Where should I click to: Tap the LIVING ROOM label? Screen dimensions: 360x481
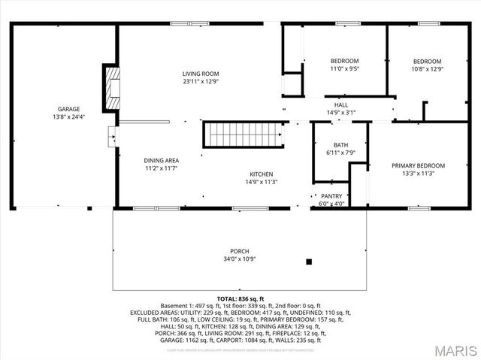199,74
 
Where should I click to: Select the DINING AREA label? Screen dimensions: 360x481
161,161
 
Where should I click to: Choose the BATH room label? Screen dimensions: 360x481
340,145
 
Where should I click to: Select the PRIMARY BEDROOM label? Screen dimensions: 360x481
418,165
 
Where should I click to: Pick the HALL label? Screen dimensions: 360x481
340,104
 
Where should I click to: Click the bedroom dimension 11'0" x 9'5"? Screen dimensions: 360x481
345,68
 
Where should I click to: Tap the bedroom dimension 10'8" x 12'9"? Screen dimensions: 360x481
427,68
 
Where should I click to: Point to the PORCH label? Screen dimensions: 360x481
240,251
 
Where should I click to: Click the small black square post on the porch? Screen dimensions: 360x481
308,262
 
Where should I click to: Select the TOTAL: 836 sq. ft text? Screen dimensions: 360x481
240,298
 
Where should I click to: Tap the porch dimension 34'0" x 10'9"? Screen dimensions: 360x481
240,259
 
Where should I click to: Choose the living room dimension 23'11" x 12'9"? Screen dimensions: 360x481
199,81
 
